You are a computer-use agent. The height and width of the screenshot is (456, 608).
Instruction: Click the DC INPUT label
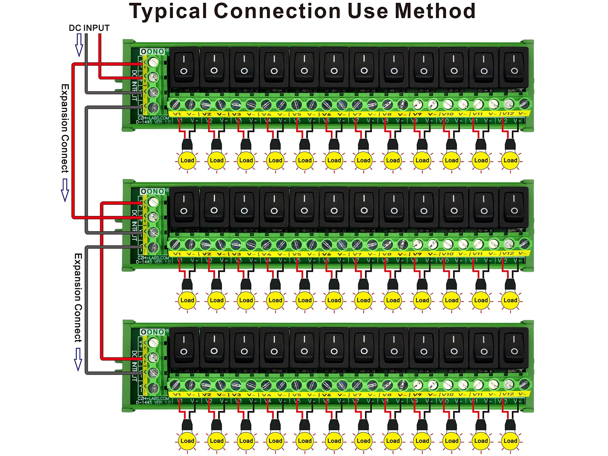(89, 28)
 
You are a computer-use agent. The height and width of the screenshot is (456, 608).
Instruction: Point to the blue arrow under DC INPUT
(79, 45)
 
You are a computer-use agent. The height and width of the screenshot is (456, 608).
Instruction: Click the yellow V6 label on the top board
(326, 114)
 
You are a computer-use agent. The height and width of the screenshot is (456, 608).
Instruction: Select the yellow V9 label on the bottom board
(417, 394)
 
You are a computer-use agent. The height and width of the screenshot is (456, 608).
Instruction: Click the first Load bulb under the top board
(187, 160)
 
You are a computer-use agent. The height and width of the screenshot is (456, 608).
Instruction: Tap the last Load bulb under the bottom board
(510, 441)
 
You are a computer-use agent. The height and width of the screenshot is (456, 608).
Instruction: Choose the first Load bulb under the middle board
(187, 300)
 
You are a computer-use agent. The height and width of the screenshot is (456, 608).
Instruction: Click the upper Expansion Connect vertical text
(65, 128)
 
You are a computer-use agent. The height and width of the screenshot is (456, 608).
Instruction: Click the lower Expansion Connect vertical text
(78, 298)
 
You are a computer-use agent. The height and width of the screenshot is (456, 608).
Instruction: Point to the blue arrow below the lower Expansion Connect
(78, 359)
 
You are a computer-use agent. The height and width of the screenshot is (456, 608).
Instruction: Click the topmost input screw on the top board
(153, 62)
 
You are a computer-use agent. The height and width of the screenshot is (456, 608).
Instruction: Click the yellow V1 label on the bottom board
(177, 394)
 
